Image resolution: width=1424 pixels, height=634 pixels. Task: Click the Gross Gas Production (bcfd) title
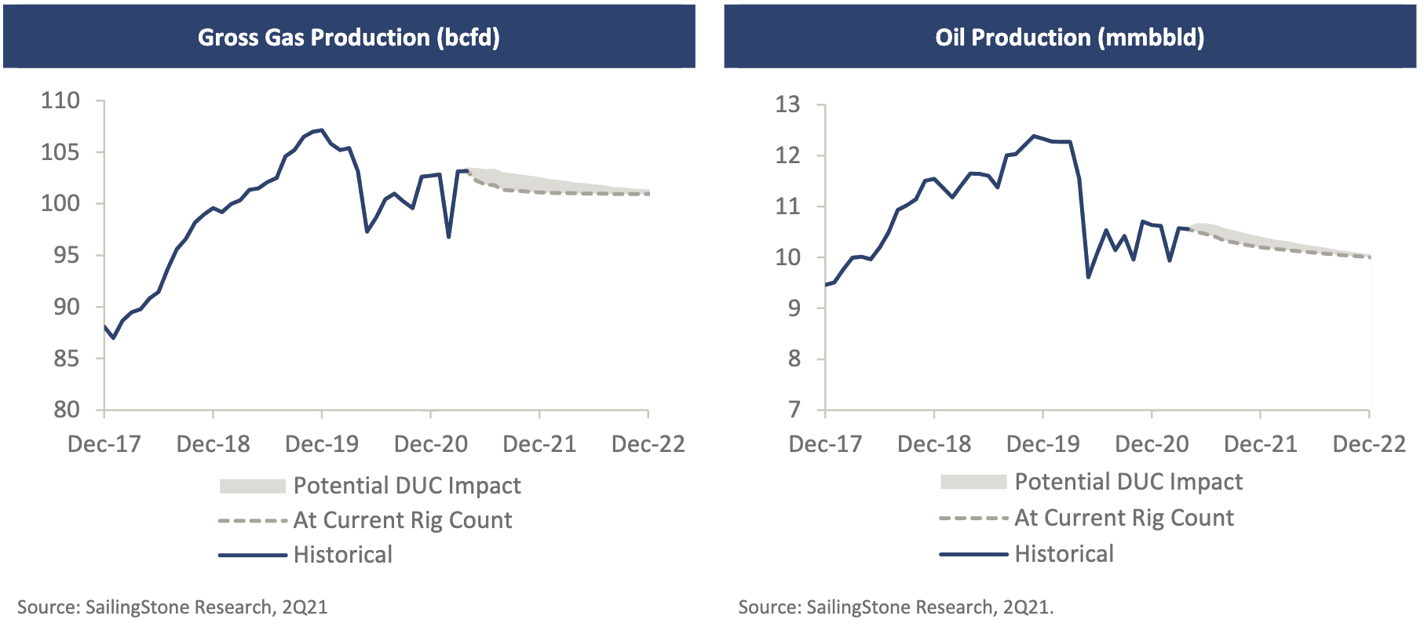(x=349, y=37)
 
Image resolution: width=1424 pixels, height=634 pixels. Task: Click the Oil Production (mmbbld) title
(x=1069, y=37)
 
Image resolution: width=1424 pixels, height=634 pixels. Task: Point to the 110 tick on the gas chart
(x=60, y=100)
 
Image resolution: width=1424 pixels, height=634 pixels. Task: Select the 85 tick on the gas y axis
(x=66, y=359)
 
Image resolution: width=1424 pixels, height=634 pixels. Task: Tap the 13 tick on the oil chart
(x=787, y=104)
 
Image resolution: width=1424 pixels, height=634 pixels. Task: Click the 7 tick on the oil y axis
(x=794, y=410)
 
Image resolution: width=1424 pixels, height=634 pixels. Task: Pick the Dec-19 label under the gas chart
(x=322, y=444)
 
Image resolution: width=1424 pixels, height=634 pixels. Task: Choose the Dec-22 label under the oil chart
(x=1369, y=444)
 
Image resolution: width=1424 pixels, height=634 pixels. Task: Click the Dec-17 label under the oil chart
(x=825, y=444)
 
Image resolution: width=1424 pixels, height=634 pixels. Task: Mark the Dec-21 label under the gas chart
(x=539, y=444)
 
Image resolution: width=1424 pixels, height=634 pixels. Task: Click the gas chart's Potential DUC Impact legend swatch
(x=252, y=486)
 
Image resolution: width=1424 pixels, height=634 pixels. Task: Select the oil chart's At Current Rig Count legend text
(x=1124, y=518)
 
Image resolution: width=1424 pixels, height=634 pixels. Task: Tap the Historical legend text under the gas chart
(x=343, y=555)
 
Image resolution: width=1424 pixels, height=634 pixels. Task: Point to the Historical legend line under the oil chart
(x=973, y=555)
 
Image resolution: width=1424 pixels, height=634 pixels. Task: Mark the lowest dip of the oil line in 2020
(x=1088, y=277)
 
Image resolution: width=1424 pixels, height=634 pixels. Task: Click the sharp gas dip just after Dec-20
(x=448, y=237)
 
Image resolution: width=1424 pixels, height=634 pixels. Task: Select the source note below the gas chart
(x=173, y=607)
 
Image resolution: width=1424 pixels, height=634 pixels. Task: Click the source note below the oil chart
(x=896, y=607)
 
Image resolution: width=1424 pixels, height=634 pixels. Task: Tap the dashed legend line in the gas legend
(x=253, y=521)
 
